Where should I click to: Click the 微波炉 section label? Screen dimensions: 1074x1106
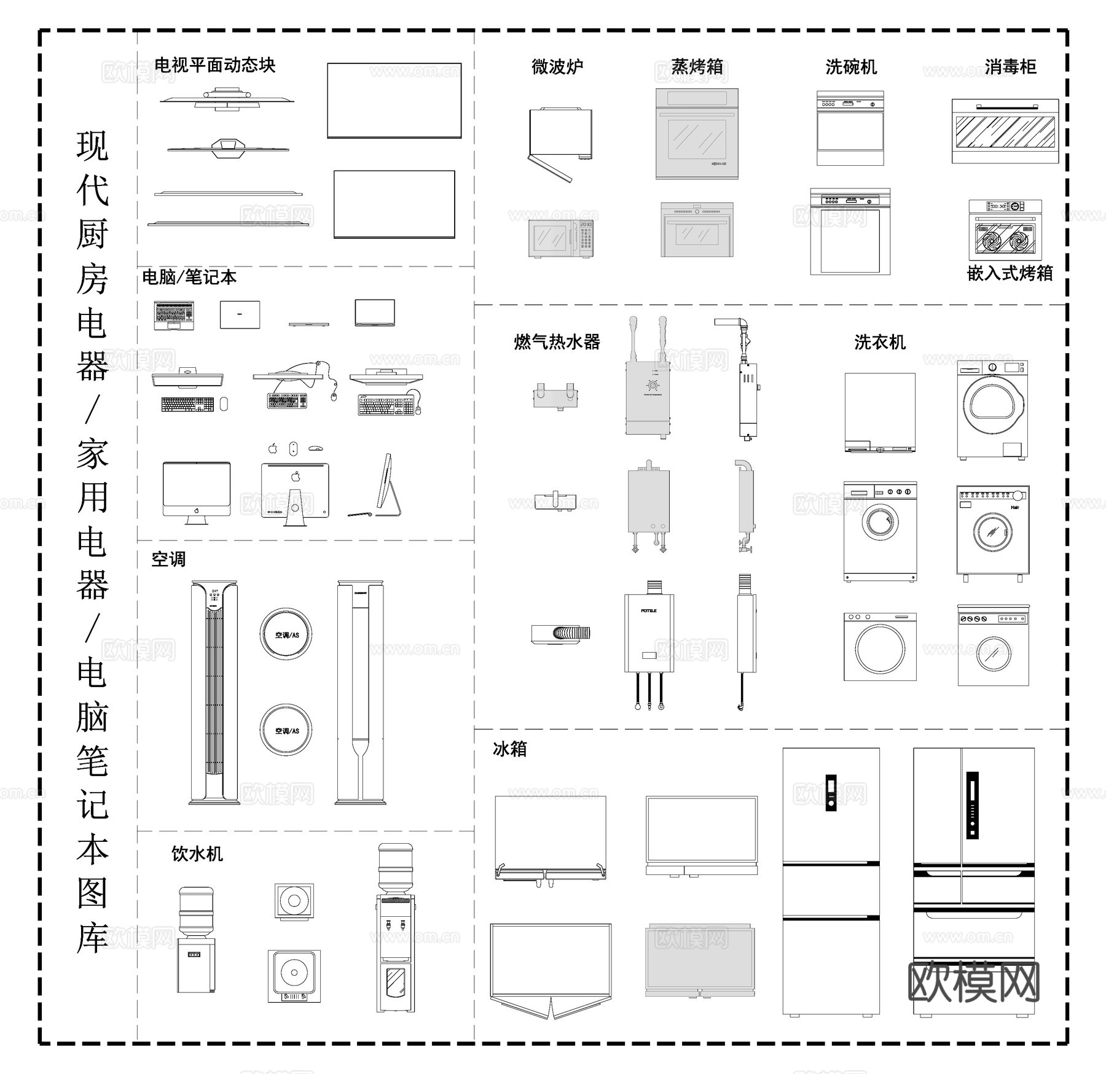(x=557, y=66)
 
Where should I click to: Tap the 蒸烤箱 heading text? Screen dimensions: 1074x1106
(x=697, y=66)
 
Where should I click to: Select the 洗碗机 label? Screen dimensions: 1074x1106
(x=851, y=66)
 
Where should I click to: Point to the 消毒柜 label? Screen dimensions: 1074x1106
(x=1010, y=66)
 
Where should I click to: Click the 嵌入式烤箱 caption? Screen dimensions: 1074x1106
(x=1010, y=273)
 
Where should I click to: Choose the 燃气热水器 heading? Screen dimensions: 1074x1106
(x=557, y=342)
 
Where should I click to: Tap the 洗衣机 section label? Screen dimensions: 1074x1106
(x=880, y=342)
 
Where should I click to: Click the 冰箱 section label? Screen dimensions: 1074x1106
(x=509, y=749)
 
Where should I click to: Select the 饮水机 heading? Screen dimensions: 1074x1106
(x=197, y=854)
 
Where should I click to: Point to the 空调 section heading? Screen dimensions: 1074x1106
(x=168, y=559)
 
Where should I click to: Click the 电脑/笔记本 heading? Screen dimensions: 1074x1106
(x=189, y=277)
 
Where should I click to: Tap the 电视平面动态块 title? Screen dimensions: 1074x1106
(x=214, y=65)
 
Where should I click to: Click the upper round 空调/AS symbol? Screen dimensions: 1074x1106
(x=286, y=634)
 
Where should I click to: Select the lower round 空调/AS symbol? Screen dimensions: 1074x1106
(x=286, y=730)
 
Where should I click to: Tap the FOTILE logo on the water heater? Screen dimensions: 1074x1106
(x=649, y=610)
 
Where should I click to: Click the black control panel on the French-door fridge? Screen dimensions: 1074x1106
(x=972, y=805)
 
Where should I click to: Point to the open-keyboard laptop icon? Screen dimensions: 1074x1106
(x=174, y=314)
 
